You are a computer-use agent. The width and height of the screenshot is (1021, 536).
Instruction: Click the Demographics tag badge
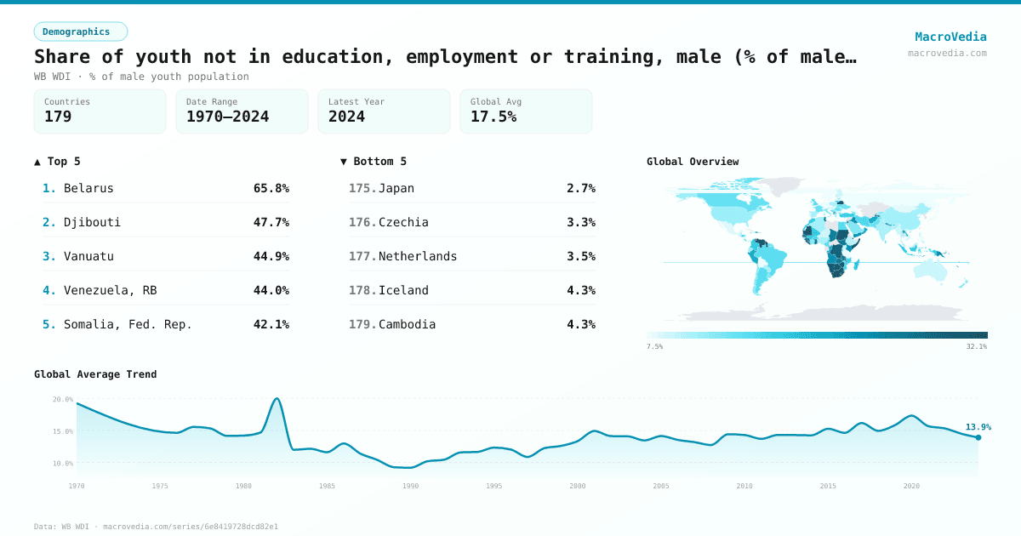tap(80, 31)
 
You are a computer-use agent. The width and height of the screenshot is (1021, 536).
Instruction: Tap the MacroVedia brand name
tap(950, 37)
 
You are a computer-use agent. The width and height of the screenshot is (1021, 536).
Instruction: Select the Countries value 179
tap(58, 117)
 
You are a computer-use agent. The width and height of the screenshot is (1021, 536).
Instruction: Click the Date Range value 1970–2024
tap(227, 117)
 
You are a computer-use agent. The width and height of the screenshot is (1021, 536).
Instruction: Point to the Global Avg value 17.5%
tap(493, 117)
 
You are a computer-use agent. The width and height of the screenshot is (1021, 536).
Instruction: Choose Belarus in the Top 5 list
tap(88, 188)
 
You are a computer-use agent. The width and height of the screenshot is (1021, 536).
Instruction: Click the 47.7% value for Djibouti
tap(271, 222)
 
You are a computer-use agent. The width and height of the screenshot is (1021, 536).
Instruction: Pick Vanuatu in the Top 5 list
tap(88, 256)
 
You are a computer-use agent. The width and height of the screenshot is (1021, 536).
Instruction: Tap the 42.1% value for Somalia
tap(271, 324)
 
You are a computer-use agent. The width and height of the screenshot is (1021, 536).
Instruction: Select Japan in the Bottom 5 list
tap(396, 188)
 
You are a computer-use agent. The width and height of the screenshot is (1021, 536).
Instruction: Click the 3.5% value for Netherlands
tap(580, 256)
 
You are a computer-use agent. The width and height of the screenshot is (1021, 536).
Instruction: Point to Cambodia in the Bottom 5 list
tap(407, 324)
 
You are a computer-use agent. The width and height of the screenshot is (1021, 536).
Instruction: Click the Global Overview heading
tap(693, 162)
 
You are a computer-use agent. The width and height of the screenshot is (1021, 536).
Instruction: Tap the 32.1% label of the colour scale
tap(976, 346)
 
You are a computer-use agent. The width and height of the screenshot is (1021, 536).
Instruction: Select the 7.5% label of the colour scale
tap(655, 346)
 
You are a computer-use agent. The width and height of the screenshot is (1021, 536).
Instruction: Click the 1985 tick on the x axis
tap(327, 486)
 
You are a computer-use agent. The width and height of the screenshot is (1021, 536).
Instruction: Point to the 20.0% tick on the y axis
tap(63, 399)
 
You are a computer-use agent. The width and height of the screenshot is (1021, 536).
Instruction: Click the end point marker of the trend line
tap(978, 437)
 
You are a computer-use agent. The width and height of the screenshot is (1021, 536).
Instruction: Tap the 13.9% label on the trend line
tap(978, 427)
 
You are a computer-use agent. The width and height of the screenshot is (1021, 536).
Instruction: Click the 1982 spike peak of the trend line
tap(277, 398)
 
